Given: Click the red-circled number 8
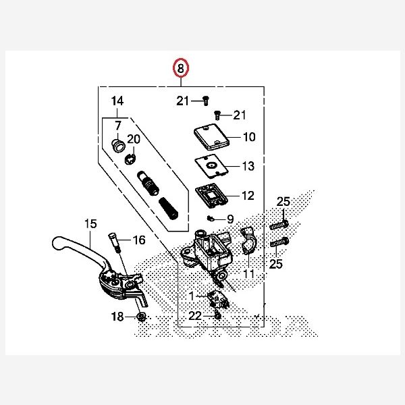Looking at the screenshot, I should [181, 69].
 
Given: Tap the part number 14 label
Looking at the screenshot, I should [118, 102].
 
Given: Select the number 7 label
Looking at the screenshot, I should [117, 125].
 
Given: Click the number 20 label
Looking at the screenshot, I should [134, 139].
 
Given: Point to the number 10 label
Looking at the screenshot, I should [249, 137].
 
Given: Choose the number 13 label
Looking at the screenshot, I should [248, 166].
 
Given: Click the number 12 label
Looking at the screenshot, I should [248, 196].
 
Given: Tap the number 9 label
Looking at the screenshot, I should [230, 219].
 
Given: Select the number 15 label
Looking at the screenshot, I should [90, 223].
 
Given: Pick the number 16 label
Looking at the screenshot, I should [138, 240].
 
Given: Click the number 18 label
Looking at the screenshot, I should [117, 317].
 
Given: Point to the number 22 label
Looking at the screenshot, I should [195, 316].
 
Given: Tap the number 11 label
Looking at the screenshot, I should [249, 274].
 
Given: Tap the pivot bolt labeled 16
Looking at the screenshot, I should [114, 242].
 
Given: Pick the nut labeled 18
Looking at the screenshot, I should [141, 317].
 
